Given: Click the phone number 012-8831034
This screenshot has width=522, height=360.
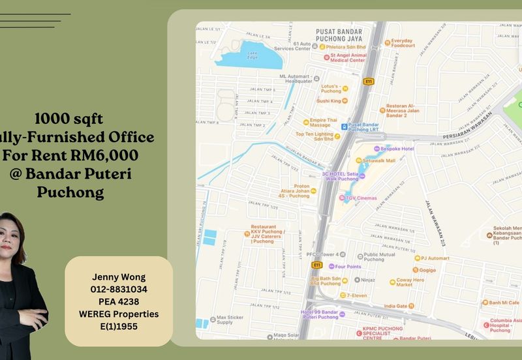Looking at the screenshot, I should click(119, 289).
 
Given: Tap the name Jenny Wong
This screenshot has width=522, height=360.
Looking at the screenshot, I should click(119, 277).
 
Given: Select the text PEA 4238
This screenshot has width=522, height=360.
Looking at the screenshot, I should click(119, 301).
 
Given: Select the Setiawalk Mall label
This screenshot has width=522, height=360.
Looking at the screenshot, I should click(380, 160).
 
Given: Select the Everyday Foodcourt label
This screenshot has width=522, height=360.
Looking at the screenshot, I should click(403, 43).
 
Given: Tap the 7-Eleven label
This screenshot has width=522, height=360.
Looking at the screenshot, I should click(357, 295).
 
